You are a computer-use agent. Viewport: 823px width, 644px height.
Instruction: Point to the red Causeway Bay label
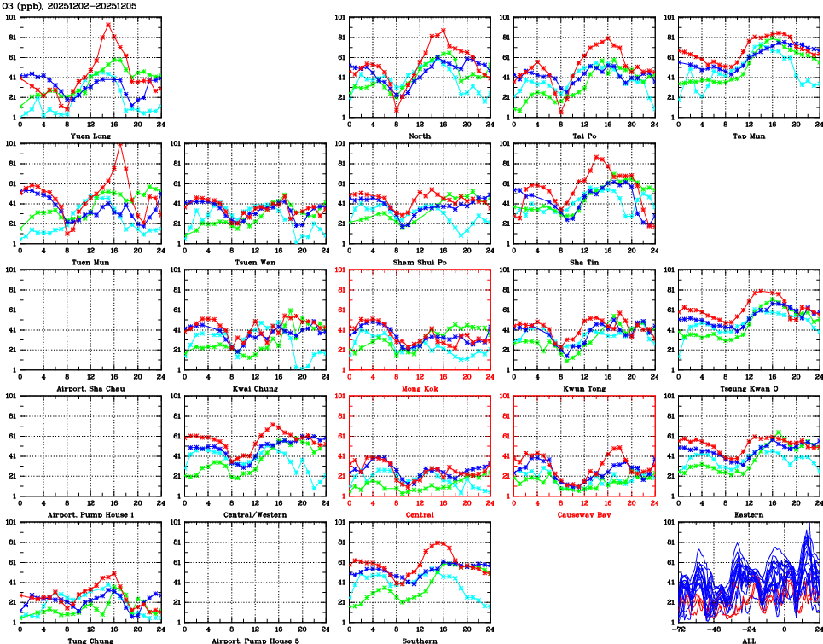(584, 514)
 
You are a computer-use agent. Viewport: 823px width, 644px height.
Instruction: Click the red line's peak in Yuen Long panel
(108, 25)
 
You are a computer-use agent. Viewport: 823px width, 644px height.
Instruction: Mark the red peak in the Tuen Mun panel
(119, 143)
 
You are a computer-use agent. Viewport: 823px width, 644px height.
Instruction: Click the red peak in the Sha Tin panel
(598, 157)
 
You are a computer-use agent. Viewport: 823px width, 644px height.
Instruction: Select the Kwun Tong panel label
(584, 388)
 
